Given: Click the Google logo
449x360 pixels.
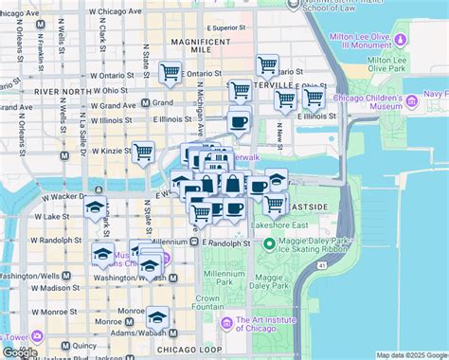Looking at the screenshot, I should (x=21, y=351).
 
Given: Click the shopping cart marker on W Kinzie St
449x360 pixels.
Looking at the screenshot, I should (x=144, y=152).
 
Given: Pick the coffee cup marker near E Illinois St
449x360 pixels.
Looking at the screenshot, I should (x=238, y=121).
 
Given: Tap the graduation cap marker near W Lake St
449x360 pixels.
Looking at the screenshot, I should (x=95, y=209).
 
